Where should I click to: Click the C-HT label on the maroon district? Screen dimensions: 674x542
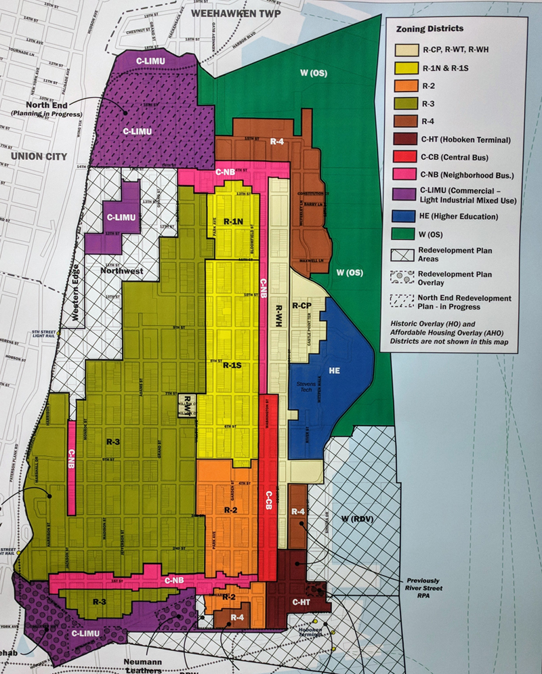[x=300, y=602]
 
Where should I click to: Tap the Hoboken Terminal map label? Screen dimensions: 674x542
[x=310, y=633]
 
